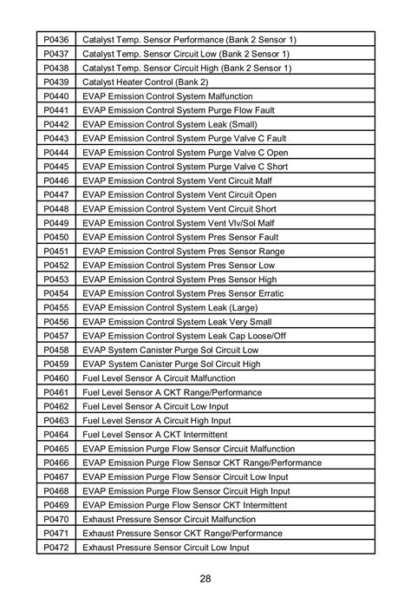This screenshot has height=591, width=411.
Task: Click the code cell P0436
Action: pyautogui.click(x=55, y=40)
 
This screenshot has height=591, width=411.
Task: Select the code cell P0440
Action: pyautogui.click(x=55, y=95)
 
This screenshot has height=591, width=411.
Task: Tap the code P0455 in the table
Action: pyautogui.click(x=55, y=307)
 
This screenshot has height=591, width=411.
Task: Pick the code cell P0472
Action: pyautogui.click(x=55, y=548)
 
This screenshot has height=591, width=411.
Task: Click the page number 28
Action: pyautogui.click(x=205, y=579)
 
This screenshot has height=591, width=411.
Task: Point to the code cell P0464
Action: pyautogui.click(x=55, y=435)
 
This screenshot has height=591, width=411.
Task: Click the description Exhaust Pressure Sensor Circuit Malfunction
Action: pyautogui.click(x=181, y=519)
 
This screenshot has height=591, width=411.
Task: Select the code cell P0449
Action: pyautogui.click(x=55, y=223)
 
